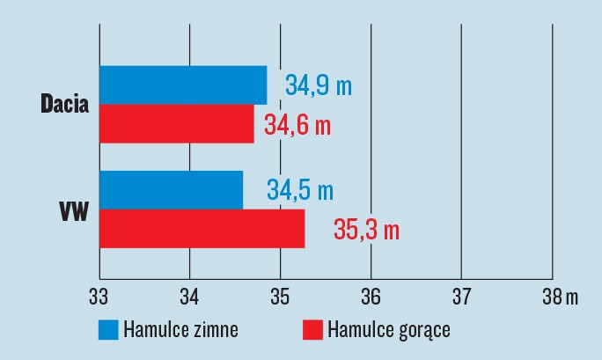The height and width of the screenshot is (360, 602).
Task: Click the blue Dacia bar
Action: click(183, 84)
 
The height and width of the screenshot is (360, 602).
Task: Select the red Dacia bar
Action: click(176, 123)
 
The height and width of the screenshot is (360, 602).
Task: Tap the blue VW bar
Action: click(171, 190)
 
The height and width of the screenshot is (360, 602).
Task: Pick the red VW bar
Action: click(202, 229)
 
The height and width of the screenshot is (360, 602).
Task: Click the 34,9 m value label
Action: click(318, 86)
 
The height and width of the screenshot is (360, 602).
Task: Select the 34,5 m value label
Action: click(300, 191)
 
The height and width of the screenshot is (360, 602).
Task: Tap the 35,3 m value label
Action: click(366, 231)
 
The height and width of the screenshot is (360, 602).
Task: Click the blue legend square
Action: click(108, 330)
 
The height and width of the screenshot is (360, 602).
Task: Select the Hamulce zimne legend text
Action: click(180, 330)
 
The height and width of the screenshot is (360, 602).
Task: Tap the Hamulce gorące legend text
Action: click(388, 331)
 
